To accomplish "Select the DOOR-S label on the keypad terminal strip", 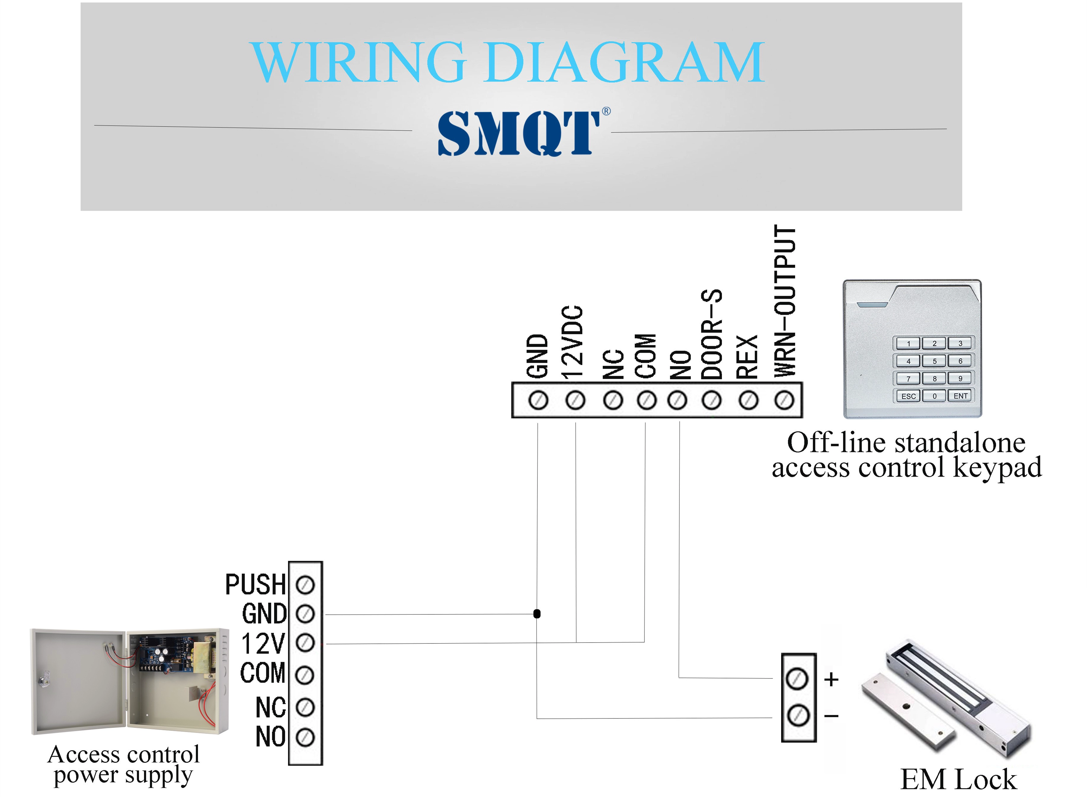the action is coord(711,334).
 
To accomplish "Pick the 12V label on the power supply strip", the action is coord(263,643).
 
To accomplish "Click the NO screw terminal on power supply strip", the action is coord(305,737).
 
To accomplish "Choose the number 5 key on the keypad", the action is coord(935,361).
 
